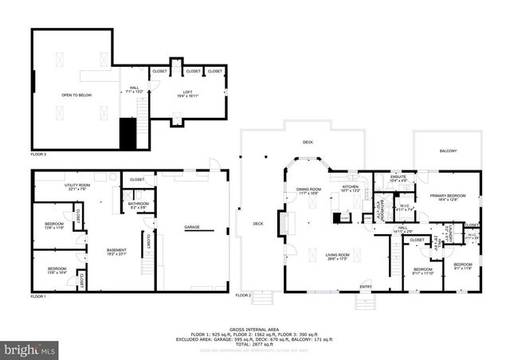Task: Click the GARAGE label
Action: point(192,227)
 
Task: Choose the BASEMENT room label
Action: point(116,251)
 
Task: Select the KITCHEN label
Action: point(351,189)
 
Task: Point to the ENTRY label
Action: point(366,287)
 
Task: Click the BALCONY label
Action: point(448,151)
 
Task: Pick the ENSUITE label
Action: point(397,178)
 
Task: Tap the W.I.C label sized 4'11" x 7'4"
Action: point(406,209)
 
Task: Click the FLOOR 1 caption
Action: point(38,296)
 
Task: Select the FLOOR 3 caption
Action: point(38,153)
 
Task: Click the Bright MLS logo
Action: point(30,350)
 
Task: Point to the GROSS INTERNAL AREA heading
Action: point(254,328)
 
